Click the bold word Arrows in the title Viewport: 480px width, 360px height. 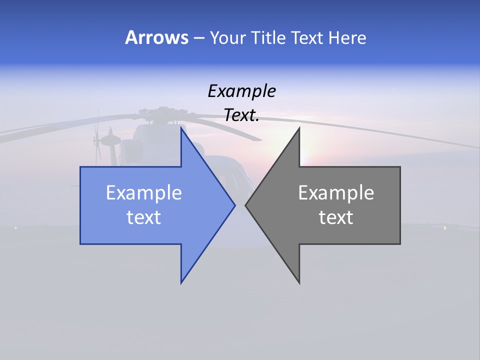(156, 37)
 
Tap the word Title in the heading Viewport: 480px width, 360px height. (267, 37)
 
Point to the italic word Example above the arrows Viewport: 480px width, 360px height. (242, 91)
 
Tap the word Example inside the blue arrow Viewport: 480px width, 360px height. (144, 193)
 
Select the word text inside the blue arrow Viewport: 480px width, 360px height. (144, 217)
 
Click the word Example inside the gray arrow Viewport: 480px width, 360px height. (336, 193)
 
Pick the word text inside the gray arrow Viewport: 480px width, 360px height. (336, 217)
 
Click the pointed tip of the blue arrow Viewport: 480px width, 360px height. (235, 204)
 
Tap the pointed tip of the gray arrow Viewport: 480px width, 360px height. (245, 204)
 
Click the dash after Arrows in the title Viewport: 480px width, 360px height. (198, 38)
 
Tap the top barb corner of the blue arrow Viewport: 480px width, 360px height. (181, 128)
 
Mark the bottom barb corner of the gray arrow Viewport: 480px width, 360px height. (299, 283)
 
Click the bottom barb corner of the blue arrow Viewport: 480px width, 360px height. (181, 283)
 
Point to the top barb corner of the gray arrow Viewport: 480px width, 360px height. (299, 128)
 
